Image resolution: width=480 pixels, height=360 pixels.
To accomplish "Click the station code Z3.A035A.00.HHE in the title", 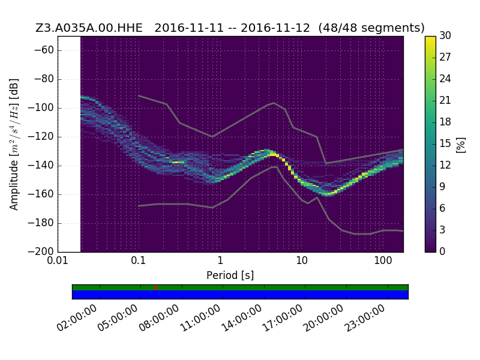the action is point(89,28).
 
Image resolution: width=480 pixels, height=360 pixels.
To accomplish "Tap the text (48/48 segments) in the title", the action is point(371,28).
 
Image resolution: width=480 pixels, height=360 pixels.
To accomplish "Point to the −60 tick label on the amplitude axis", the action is point(44,50).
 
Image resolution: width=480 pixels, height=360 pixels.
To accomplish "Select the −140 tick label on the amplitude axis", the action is point(41,166).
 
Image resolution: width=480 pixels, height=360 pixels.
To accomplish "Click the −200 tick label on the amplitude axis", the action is point(41,251).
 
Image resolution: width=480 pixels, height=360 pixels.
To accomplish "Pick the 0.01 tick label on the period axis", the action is point(58,260).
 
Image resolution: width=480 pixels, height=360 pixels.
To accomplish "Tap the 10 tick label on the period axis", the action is point(302,260).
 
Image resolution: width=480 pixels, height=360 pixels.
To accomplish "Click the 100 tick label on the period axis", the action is point(383,260).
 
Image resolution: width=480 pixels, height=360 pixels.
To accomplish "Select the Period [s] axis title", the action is point(230,275).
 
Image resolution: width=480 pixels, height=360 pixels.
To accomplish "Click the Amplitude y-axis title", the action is point(14,144).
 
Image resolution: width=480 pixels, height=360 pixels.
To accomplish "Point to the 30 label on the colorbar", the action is point(445,35).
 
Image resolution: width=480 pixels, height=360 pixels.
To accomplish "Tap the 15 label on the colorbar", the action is point(445,143).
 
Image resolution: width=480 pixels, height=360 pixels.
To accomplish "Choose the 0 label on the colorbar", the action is point(442,251).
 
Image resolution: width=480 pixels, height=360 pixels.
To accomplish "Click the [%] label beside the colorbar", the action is point(461,145).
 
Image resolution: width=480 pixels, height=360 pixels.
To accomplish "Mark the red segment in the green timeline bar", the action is point(156,288).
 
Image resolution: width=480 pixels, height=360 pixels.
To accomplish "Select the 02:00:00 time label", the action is point(77,319).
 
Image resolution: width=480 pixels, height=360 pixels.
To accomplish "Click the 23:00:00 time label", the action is point(365,319).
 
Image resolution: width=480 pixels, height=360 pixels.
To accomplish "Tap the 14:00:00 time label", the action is point(242,319).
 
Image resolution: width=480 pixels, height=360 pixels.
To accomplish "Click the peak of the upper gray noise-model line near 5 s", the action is point(274,103).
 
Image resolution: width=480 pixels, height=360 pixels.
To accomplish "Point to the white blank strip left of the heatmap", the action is point(69,144).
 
